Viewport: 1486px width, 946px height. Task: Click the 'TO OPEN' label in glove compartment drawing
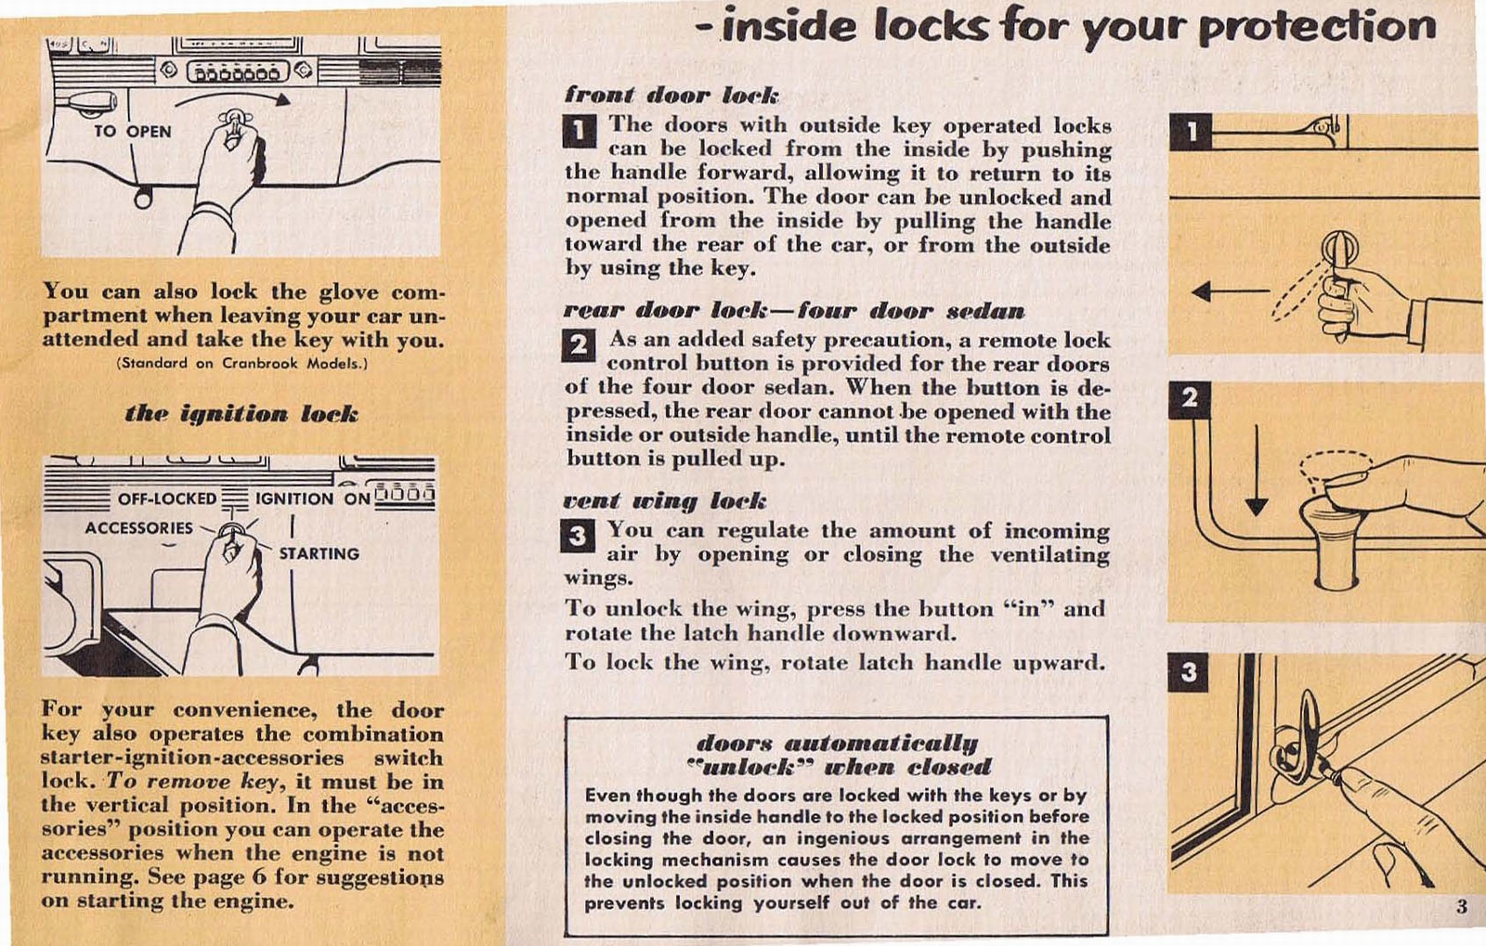pyautogui.click(x=133, y=131)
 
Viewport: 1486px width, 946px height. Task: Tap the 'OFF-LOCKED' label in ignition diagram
pyautogui.click(x=167, y=499)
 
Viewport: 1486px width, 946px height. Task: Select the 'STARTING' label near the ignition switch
pyautogui.click(x=319, y=553)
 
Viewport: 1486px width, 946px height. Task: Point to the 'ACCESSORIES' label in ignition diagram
pyautogui.click(x=138, y=527)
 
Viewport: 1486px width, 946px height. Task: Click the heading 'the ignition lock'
pyautogui.click(x=241, y=413)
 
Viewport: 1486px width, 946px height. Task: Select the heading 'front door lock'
pyautogui.click(x=671, y=95)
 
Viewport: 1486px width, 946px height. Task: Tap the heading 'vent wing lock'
pyautogui.click(x=665, y=501)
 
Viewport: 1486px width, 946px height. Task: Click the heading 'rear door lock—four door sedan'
pyautogui.click(x=794, y=310)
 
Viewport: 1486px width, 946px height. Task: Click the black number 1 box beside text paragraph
pyautogui.click(x=580, y=131)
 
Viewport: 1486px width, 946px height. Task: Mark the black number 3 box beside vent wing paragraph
pyautogui.click(x=578, y=536)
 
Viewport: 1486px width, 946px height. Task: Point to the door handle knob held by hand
pyautogui.click(x=1340, y=250)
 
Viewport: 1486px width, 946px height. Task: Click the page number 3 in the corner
pyautogui.click(x=1461, y=906)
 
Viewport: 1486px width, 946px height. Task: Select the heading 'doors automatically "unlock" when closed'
pyautogui.click(x=837, y=755)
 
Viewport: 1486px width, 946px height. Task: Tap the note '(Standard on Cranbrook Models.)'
pyautogui.click(x=242, y=363)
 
